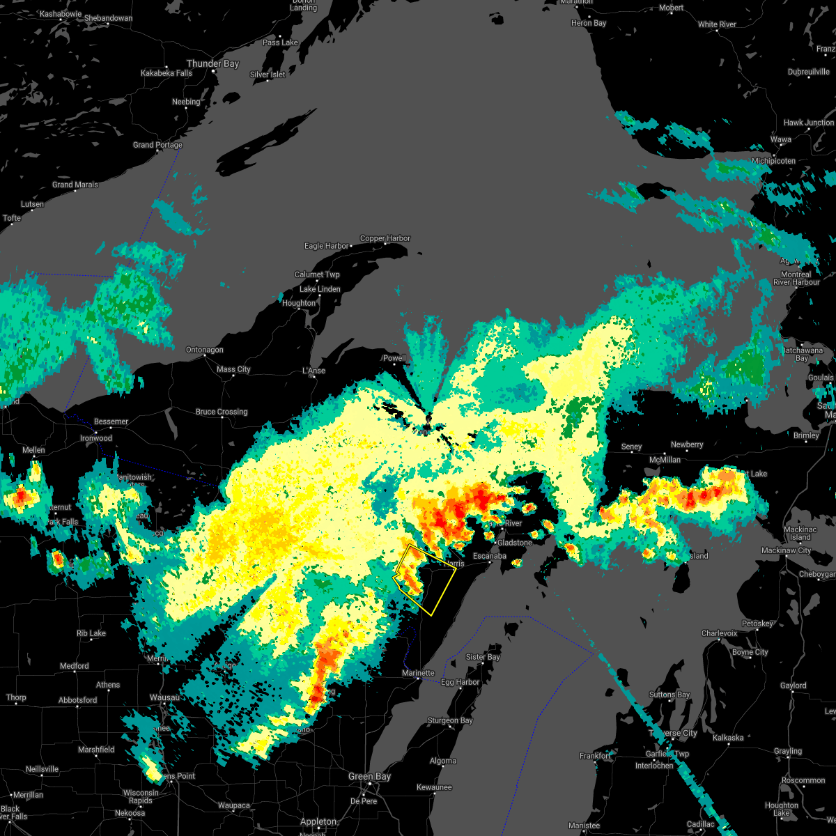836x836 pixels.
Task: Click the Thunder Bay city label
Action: tap(212, 63)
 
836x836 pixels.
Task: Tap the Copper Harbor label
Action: tap(385, 238)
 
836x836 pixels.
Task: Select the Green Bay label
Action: tap(370, 777)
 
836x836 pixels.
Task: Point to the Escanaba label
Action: tap(490, 556)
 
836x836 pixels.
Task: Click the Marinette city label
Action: tap(418, 673)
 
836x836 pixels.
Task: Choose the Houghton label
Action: tap(299, 303)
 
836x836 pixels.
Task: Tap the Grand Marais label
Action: tap(75, 185)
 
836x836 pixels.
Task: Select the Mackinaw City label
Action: tap(786, 550)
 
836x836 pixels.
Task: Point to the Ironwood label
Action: tap(96, 438)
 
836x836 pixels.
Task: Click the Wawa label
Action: tap(780, 139)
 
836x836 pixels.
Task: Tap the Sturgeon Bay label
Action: tap(450, 720)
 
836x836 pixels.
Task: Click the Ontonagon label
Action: tap(204, 350)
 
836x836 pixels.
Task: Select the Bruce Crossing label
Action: tap(222, 412)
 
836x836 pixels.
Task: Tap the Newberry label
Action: tap(687, 444)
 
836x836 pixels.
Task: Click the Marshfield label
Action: tap(96, 750)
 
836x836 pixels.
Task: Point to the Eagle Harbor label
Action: tap(327, 246)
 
